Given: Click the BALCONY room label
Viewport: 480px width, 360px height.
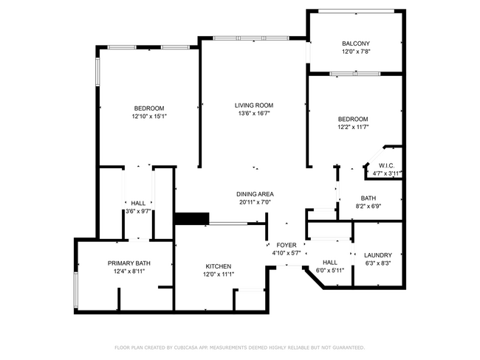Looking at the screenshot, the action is click(356, 44).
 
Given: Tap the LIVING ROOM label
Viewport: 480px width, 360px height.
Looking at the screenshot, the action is click(254, 105).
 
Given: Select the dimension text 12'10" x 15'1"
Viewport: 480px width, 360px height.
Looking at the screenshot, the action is click(149, 117).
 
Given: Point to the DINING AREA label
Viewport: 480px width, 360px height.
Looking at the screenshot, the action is click(255, 194).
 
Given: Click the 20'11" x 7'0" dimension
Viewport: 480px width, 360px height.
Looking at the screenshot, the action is click(255, 202).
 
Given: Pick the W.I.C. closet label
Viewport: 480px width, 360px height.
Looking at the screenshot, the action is click(387, 166).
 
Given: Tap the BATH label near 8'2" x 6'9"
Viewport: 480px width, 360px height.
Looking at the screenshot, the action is click(368, 198).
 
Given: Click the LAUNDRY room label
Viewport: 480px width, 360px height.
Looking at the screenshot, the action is click(378, 255).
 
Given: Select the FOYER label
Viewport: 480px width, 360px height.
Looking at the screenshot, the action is click(287, 246).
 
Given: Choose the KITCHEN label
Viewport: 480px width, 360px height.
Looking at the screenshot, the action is click(219, 266).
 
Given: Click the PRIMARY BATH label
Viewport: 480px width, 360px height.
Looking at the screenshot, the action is click(129, 263).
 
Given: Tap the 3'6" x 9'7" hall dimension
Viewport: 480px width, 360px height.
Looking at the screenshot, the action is click(138, 211).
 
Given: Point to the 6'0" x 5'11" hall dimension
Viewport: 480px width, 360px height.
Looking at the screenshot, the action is click(330, 271).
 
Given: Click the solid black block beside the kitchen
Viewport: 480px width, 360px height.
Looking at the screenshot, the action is click(192, 218).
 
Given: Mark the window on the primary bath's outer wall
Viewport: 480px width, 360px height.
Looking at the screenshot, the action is click(75, 290).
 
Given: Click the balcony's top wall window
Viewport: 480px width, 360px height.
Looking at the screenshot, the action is click(357, 11).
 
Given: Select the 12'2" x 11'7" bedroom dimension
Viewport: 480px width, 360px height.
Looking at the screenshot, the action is click(353, 127).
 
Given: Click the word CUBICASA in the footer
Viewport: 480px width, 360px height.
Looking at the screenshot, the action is click(186, 347).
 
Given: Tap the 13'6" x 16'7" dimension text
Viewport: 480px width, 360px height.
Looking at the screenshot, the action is click(254, 114).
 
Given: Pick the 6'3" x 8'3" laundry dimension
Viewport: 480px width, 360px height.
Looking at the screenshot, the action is click(378, 263).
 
